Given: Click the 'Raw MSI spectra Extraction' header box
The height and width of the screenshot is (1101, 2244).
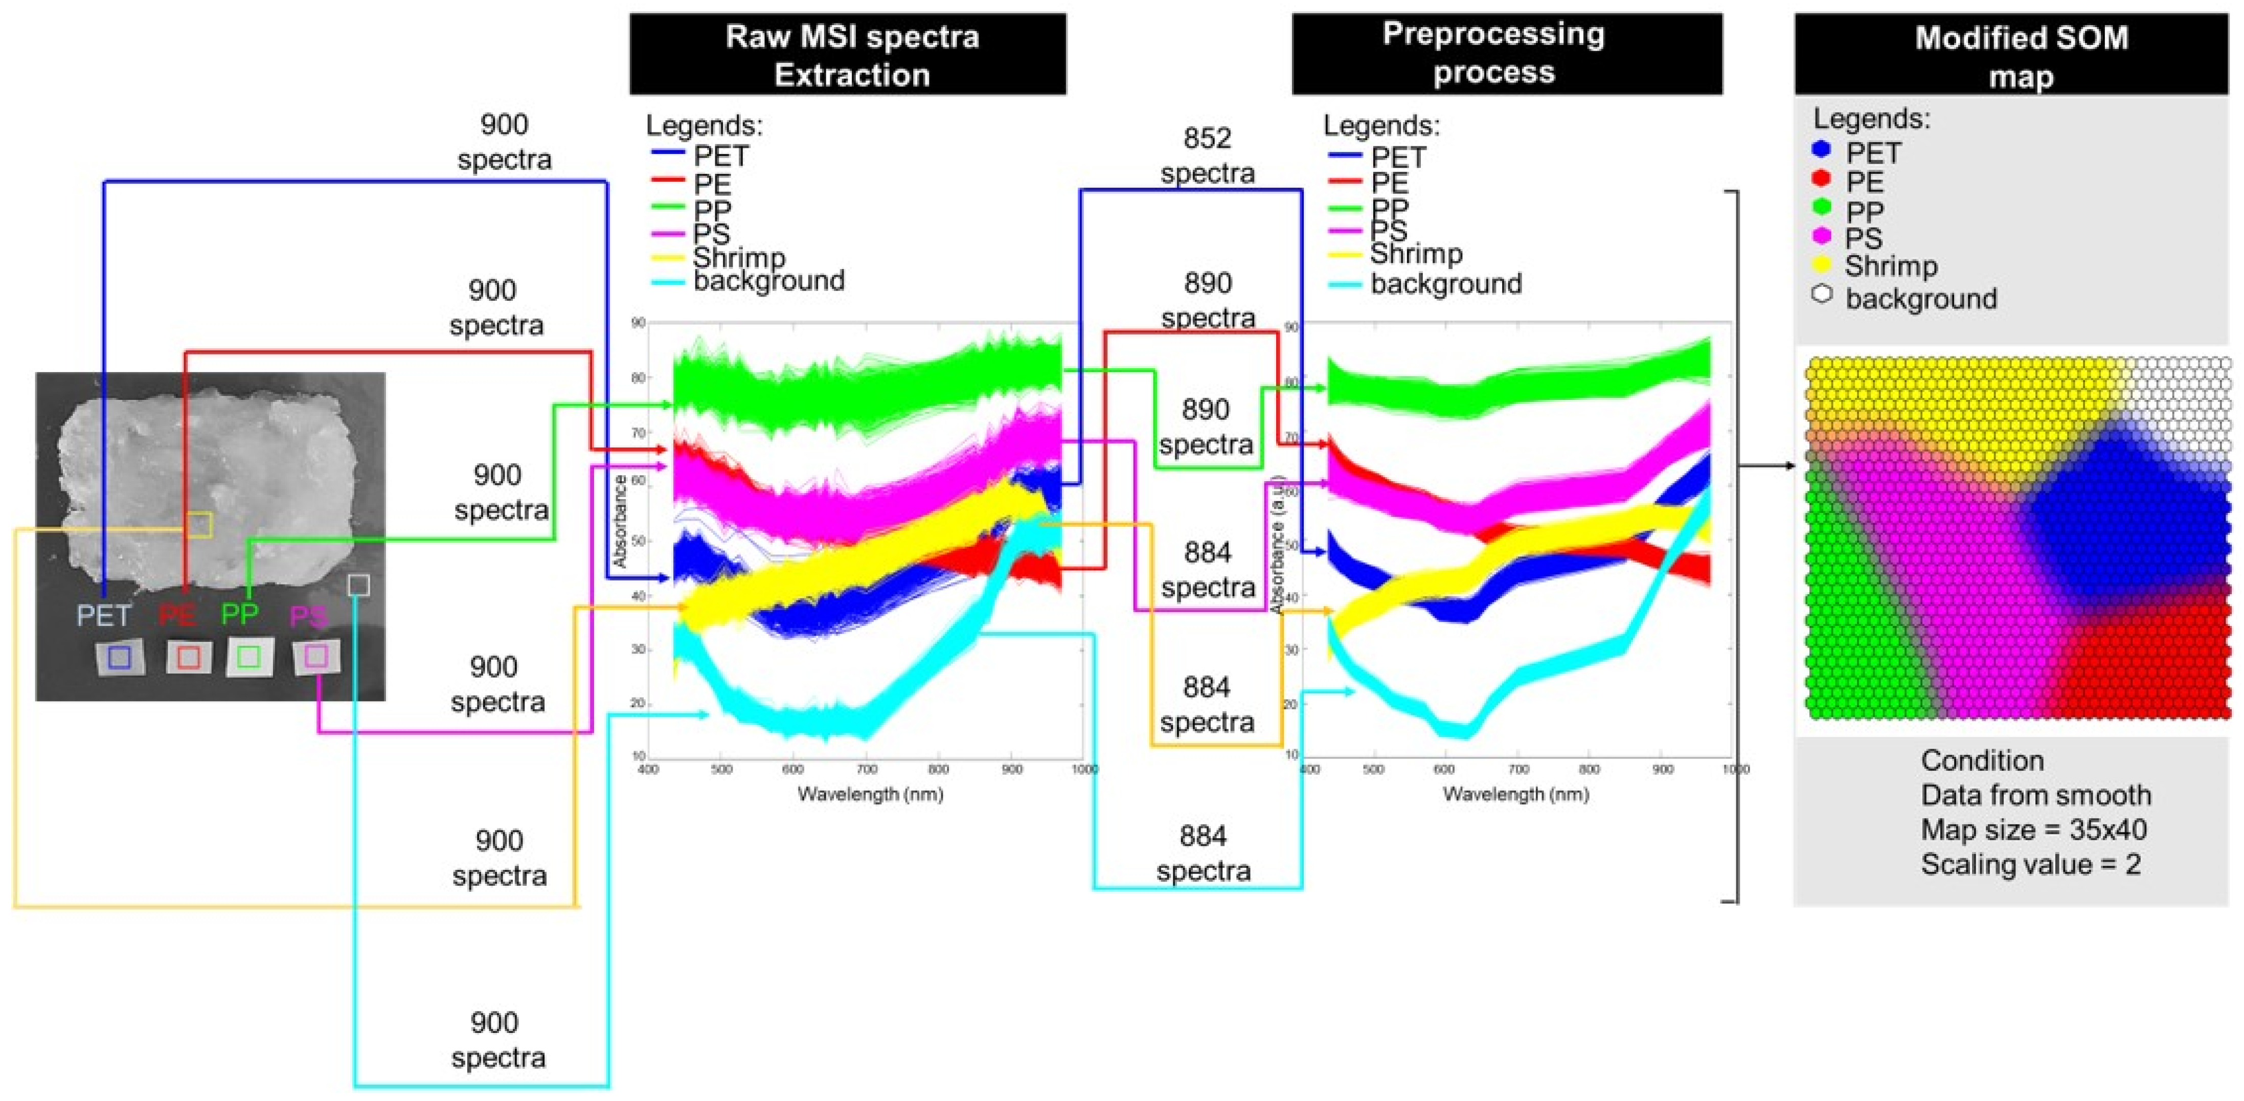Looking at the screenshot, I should point(848,54).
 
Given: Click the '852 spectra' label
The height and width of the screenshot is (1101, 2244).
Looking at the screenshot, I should point(1207,155).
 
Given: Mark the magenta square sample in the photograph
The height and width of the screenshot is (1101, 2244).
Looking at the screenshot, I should point(316,656).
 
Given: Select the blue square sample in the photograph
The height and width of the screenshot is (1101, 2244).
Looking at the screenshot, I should point(120,657).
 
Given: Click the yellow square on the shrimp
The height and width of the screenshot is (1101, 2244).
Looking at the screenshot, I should point(198,524).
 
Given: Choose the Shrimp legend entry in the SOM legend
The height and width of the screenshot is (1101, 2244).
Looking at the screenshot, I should point(1890,266).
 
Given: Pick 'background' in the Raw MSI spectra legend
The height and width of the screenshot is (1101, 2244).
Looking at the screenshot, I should point(768,280).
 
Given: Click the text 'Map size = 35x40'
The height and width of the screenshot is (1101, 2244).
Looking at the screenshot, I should point(2033,829).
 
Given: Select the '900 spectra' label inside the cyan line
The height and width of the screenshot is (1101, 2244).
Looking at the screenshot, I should point(497,1039).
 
